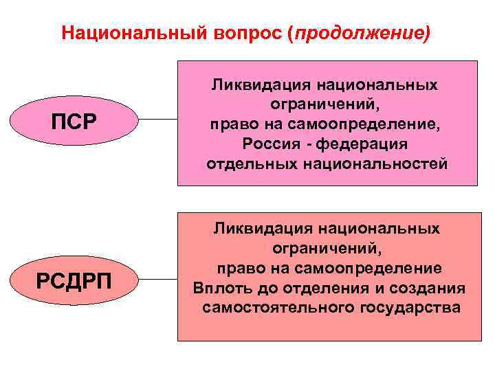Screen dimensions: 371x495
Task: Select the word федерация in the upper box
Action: [371, 144]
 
